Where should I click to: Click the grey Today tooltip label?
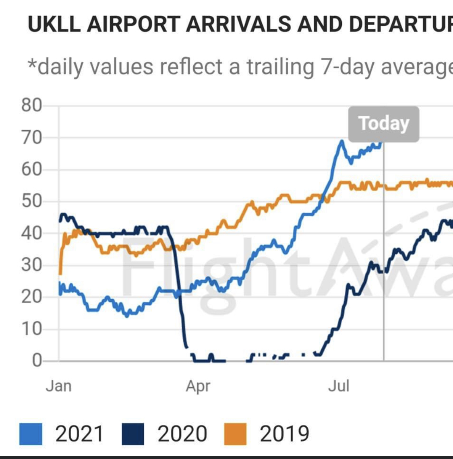click(383, 124)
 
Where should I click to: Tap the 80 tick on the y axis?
click(31, 105)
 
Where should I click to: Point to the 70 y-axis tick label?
click(31, 138)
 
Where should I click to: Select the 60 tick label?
click(31, 169)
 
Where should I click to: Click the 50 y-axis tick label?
click(31, 201)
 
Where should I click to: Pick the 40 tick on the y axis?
click(31, 233)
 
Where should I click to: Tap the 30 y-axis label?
click(31, 265)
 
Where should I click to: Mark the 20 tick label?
click(31, 297)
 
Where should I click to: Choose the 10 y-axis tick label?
click(31, 329)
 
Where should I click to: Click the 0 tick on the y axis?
click(37, 360)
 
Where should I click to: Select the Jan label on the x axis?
click(58, 386)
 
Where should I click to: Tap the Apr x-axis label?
click(198, 386)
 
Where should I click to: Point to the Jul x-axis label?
click(338, 386)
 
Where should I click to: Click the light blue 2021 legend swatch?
click(31, 434)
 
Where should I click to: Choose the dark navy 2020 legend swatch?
click(132, 434)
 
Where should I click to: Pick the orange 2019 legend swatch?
click(235, 434)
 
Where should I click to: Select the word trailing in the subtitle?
click(280, 67)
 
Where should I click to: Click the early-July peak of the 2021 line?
click(341, 141)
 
